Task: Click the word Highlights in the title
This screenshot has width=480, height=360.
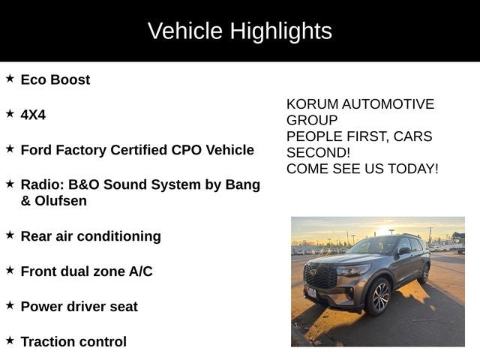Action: (280, 31)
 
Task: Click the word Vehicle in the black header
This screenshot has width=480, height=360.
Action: (184, 31)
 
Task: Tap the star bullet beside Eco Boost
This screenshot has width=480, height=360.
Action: (10, 78)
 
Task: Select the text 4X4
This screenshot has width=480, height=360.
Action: (33, 115)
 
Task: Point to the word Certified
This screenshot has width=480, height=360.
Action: (140, 150)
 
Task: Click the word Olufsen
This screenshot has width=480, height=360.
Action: (59, 201)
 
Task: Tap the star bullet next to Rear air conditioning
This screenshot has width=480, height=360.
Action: (10, 235)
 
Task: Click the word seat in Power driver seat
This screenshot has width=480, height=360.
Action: (122, 307)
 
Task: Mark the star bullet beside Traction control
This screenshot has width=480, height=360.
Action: (10, 340)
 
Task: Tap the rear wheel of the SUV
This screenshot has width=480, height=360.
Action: (425, 273)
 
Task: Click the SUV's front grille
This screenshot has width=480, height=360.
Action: (320, 277)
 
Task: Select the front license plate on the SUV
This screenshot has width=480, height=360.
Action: (310, 292)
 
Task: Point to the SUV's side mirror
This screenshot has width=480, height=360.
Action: (403, 251)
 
